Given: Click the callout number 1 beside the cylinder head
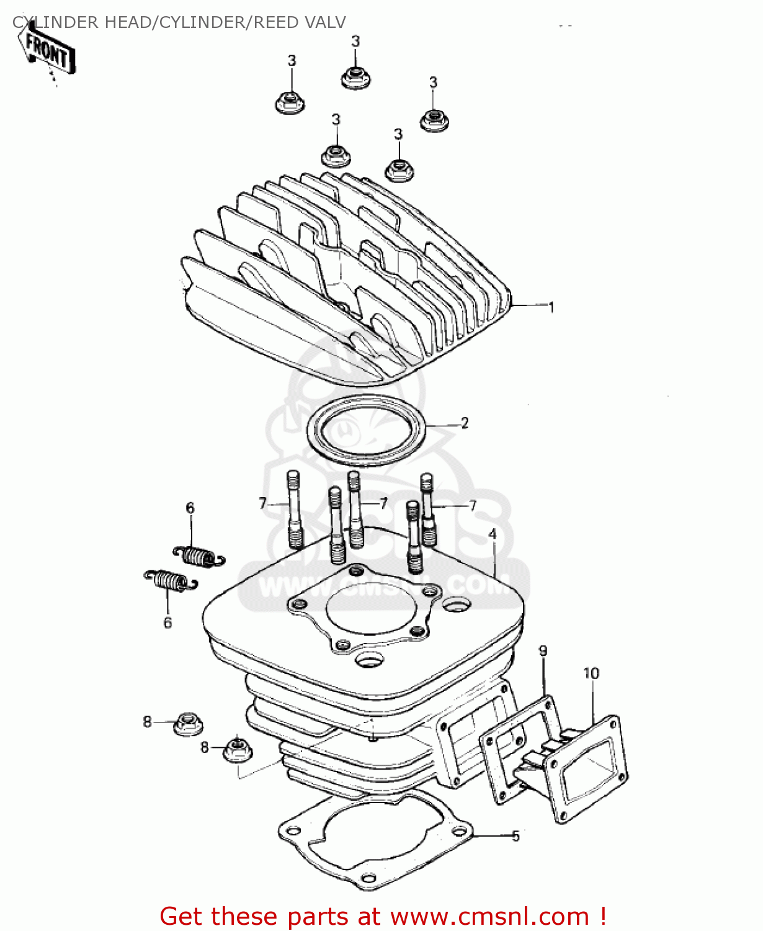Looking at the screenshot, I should coord(551,307).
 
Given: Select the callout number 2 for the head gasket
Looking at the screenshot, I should coord(465,423).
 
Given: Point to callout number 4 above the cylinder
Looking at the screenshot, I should coord(492,534).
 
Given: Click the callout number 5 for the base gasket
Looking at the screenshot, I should coord(515,836).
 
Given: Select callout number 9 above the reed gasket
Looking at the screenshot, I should coord(543,651).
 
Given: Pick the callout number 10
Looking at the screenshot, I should coord(591,673).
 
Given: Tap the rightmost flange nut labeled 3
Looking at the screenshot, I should coord(434,119).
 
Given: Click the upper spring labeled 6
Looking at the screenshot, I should coord(198,555).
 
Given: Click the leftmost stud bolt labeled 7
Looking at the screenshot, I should coord(294,509).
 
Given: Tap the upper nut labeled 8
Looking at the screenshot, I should coord(188,723).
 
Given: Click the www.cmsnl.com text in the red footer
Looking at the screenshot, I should coord(489,916).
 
